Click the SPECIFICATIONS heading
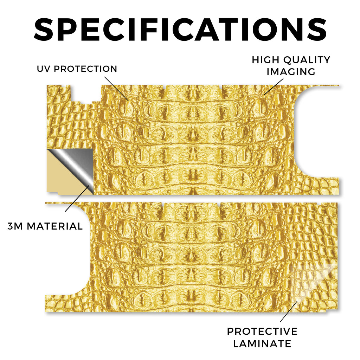(x=180, y=30)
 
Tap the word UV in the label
(x=44, y=69)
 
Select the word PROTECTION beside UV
(x=85, y=69)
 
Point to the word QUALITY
(x=307, y=60)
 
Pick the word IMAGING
(x=291, y=72)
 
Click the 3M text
(x=15, y=226)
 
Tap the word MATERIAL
(x=54, y=226)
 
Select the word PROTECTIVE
(x=262, y=332)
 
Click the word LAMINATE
(x=262, y=344)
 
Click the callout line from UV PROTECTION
(x=116, y=89)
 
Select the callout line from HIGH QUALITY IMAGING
(x=274, y=86)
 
